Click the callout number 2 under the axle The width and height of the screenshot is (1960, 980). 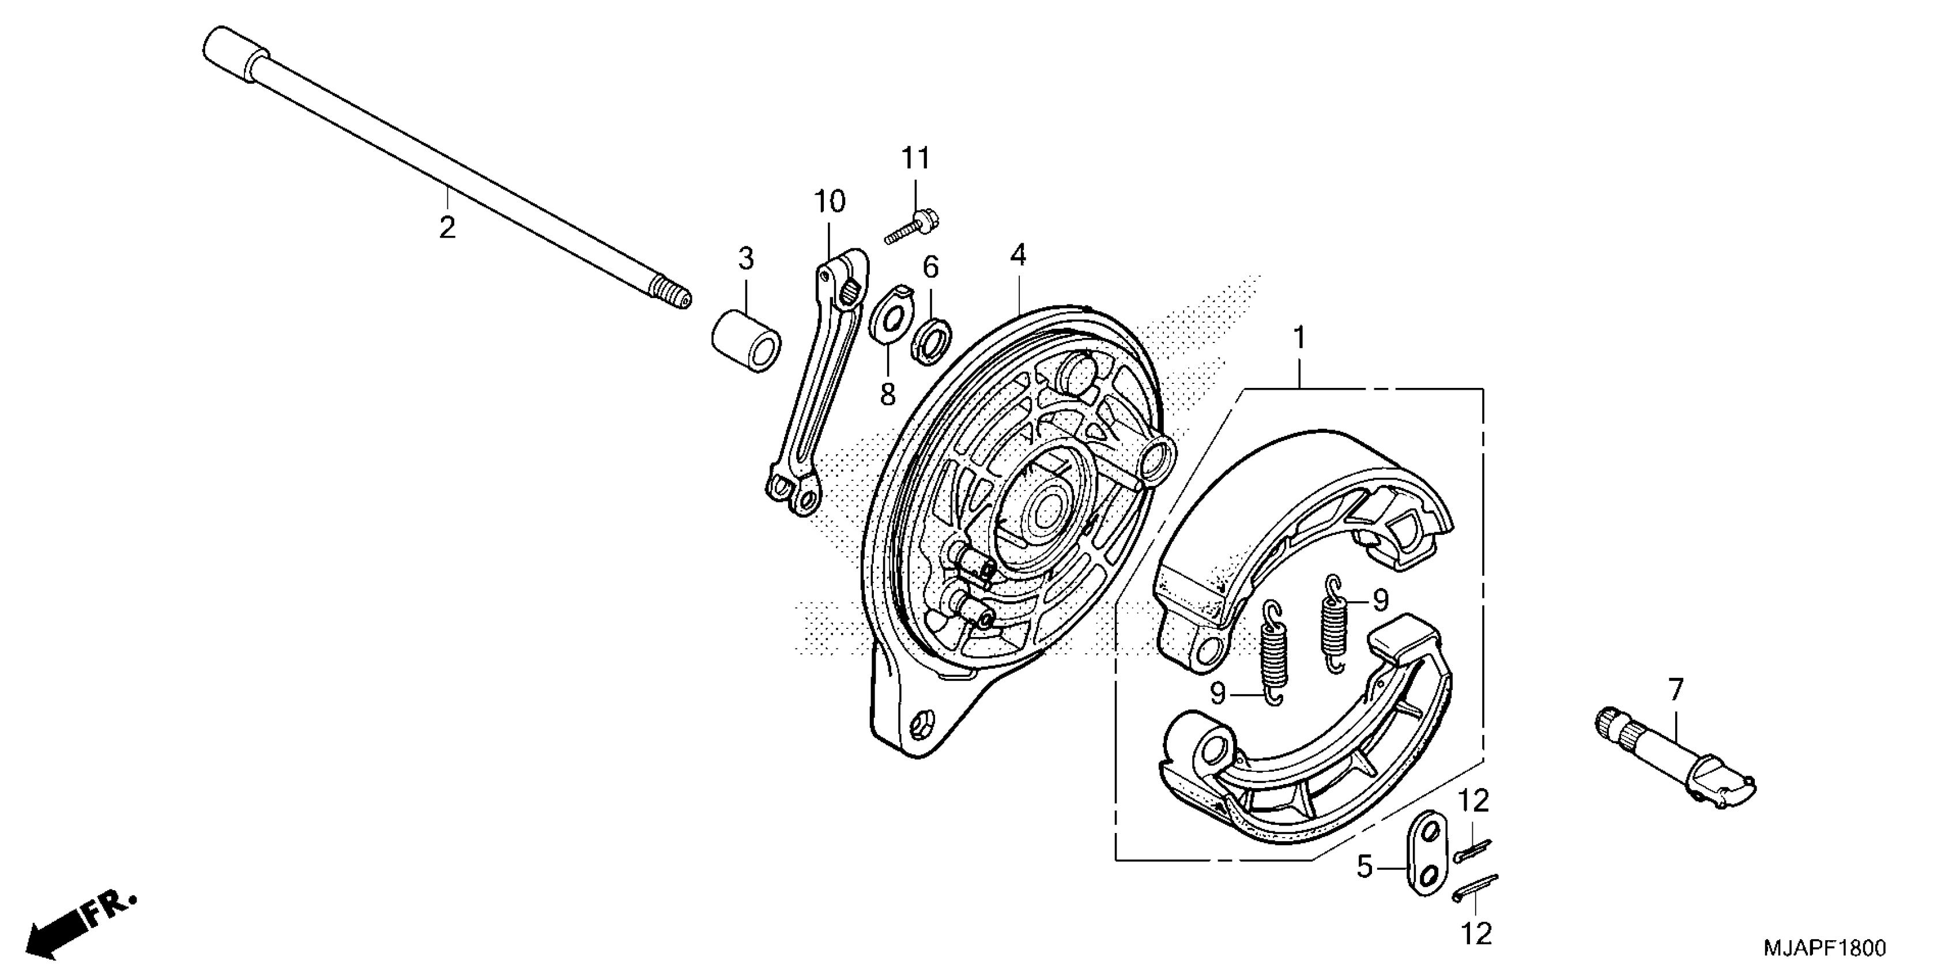pos(447,226)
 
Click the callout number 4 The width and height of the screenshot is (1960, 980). pos(1018,255)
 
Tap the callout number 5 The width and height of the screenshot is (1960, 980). pos(1365,866)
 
